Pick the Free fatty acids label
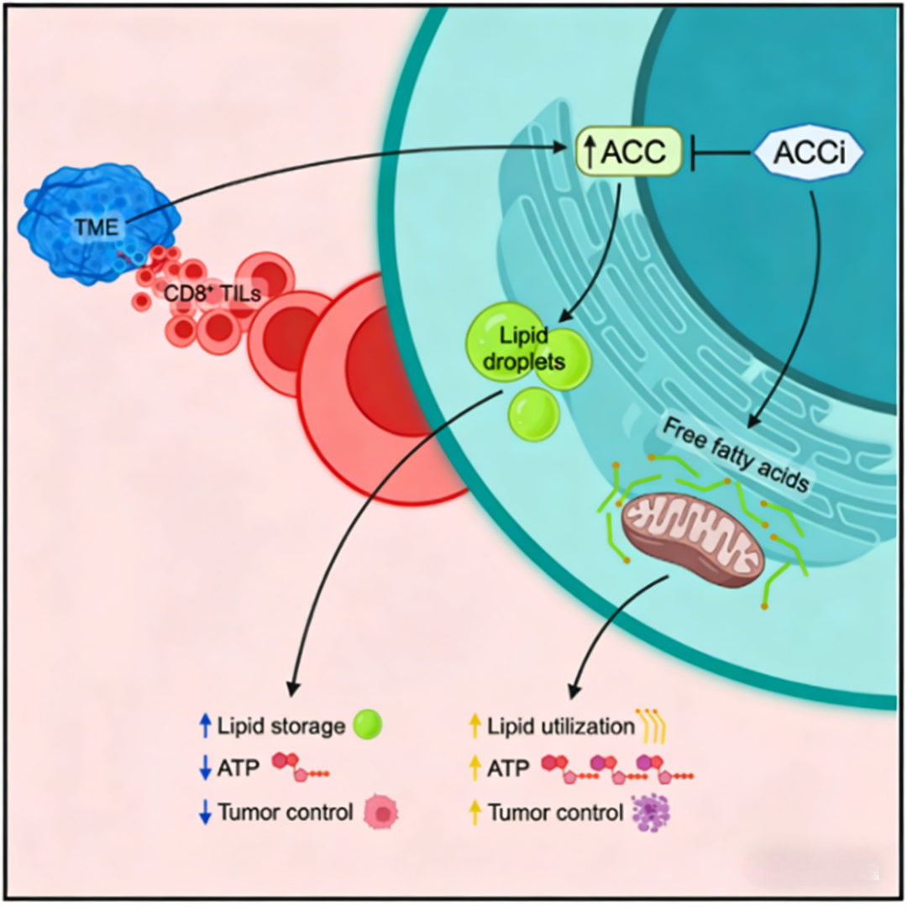click(737, 458)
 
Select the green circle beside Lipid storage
click(367, 725)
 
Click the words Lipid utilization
click(560, 726)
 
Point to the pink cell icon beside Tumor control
click(383, 813)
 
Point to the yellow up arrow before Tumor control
click(474, 813)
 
